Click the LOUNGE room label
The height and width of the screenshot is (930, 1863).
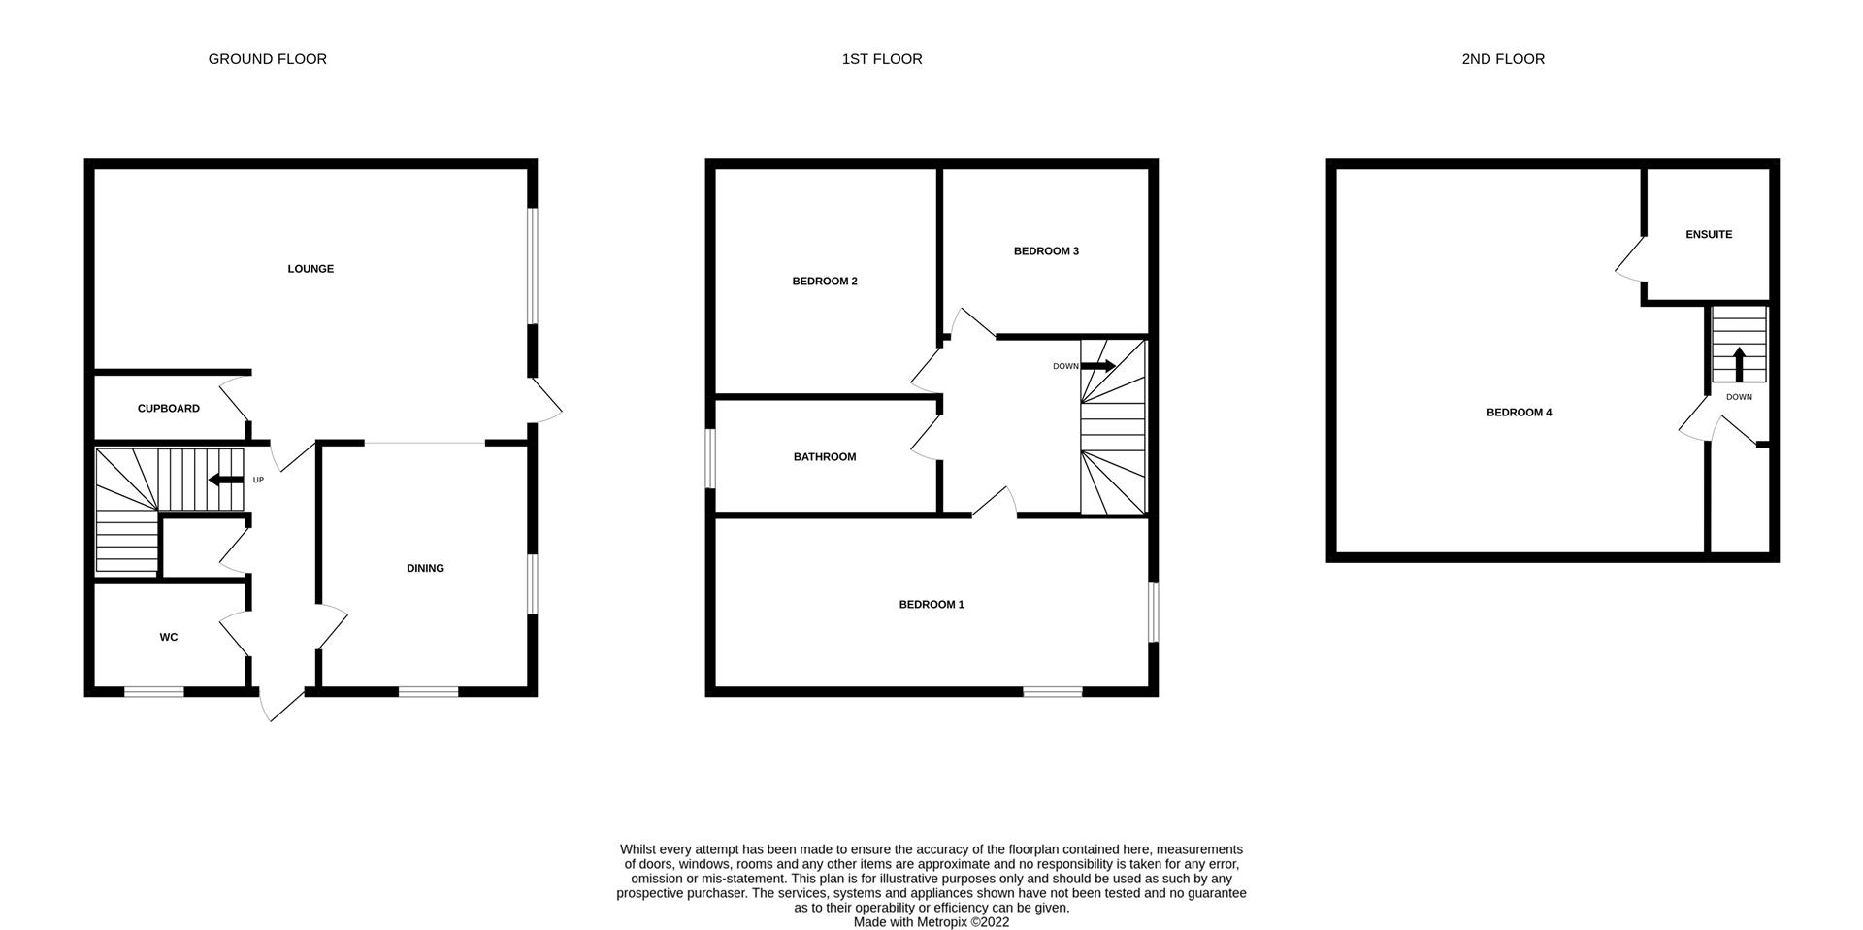pyautogui.click(x=310, y=269)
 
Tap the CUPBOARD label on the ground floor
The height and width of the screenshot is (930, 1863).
pyautogui.click(x=169, y=409)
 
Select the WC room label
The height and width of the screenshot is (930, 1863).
pyautogui.click(x=169, y=638)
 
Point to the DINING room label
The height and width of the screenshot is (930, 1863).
pyautogui.click(x=425, y=569)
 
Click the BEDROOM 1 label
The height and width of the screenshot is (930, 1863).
pyautogui.click(x=931, y=605)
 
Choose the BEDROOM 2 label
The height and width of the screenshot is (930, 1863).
pyautogui.click(x=825, y=282)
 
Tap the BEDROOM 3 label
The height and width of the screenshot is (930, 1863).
pyautogui.click(x=1046, y=251)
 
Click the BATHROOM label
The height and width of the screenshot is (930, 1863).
pyautogui.click(x=825, y=457)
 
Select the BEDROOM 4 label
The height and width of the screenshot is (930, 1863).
pyautogui.click(x=1519, y=413)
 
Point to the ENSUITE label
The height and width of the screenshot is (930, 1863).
pyautogui.click(x=1709, y=235)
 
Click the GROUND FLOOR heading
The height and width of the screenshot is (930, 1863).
pyautogui.click(x=268, y=59)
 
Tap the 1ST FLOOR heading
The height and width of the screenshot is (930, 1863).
pyautogui.click(x=882, y=59)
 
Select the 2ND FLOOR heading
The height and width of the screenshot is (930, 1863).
pyautogui.click(x=1503, y=59)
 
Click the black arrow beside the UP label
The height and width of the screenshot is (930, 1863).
pyautogui.click(x=226, y=480)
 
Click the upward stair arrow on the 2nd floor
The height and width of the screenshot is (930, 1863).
pyautogui.click(x=1739, y=364)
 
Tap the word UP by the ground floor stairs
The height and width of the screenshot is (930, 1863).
pyautogui.click(x=258, y=480)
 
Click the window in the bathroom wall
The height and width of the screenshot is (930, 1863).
pyautogui.click(x=711, y=459)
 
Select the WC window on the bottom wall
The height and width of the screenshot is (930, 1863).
pyautogui.click(x=154, y=692)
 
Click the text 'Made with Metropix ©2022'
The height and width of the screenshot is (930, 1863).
pyautogui.click(x=931, y=922)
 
